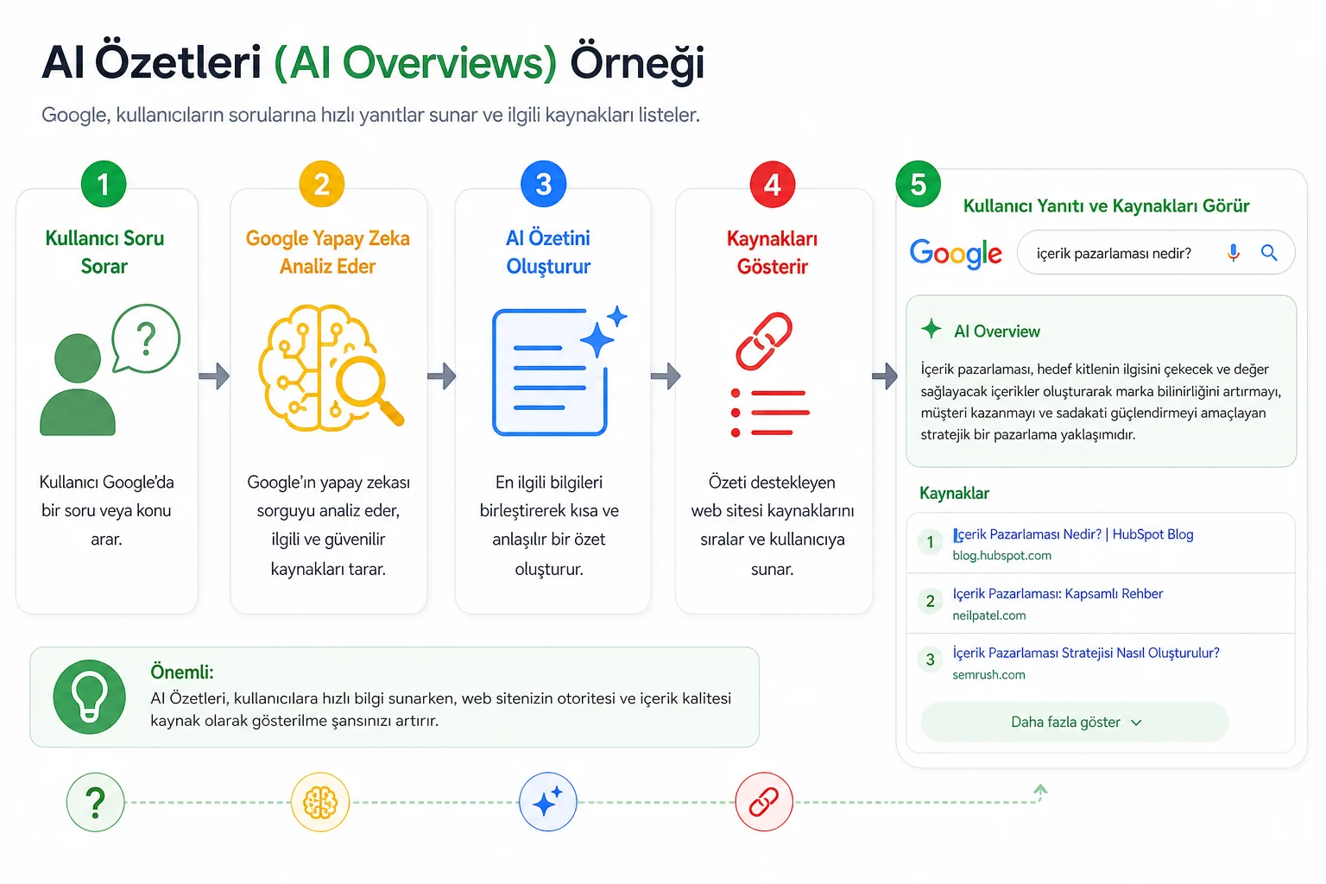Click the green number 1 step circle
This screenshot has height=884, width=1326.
pyautogui.click(x=104, y=184)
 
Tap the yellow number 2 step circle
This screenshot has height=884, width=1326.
pyautogui.click(x=321, y=184)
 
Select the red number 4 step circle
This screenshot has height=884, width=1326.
pyautogui.click(x=772, y=185)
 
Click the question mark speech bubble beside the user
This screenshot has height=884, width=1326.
pyautogui.click(x=146, y=338)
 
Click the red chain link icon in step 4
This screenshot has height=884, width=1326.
pyautogui.click(x=764, y=342)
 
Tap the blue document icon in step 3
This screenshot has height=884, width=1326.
pyautogui.click(x=550, y=372)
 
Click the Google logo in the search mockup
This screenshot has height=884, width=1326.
pyautogui.click(x=956, y=254)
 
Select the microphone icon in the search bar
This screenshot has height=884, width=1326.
pyautogui.click(x=1233, y=253)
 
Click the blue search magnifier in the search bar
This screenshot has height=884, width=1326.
pyautogui.click(x=1268, y=253)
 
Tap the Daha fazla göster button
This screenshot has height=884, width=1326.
pyautogui.click(x=1075, y=722)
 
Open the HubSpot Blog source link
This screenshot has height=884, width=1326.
pyautogui.click(x=1073, y=534)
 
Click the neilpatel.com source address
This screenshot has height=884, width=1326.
pyautogui.click(x=988, y=616)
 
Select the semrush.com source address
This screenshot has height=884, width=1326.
pyautogui.click(x=988, y=674)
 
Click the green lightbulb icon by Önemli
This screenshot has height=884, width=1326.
pyautogui.click(x=90, y=697)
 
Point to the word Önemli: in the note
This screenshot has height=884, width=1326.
pyautogui.click(x=182, y=672)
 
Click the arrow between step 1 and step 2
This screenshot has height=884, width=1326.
pyautogui.click(x=214, y=376)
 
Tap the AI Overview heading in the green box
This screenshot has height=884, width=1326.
pyautogui.click(x=997, y=331)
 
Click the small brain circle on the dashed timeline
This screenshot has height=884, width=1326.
pyautogui.click(x=320, y=802)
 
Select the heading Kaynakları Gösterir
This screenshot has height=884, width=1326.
pyautogui.click(x=772, y=253)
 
